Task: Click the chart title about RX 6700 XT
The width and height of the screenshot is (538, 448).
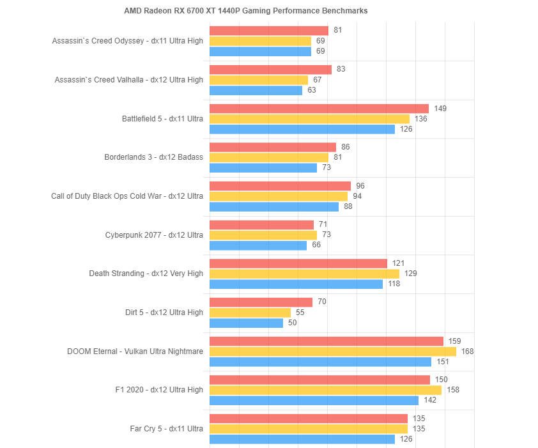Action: click(246, 11)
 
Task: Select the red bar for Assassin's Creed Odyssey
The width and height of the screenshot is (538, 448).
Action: click(269, 31)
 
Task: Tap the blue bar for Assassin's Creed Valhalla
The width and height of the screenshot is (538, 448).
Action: click(256, 90)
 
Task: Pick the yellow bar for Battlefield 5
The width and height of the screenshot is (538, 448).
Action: click(309, 119)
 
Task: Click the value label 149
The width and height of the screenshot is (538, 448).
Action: click(440, 108)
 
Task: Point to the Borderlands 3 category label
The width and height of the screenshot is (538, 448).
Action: click(153, 157)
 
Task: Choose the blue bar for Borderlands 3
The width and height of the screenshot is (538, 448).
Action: click(263, 167)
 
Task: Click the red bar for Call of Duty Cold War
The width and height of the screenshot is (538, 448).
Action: click(280, 186)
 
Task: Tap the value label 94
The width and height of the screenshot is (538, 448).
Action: click(357, 196)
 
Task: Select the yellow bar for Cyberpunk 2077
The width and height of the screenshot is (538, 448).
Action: click(263, 235)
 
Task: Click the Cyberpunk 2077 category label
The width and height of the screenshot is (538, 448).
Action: click(154, 235)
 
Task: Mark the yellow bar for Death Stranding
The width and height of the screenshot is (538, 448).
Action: click(304, 274)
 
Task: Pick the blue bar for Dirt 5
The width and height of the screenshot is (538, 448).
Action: click(246, 323)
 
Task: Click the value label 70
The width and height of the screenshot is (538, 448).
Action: click(322, 302)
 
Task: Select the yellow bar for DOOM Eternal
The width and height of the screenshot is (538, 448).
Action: click(333, 351)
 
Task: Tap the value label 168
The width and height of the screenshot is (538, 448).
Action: click(468, 351)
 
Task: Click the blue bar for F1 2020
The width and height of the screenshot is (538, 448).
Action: click(314, 400)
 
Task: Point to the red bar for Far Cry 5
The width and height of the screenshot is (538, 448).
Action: click(309, 419)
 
